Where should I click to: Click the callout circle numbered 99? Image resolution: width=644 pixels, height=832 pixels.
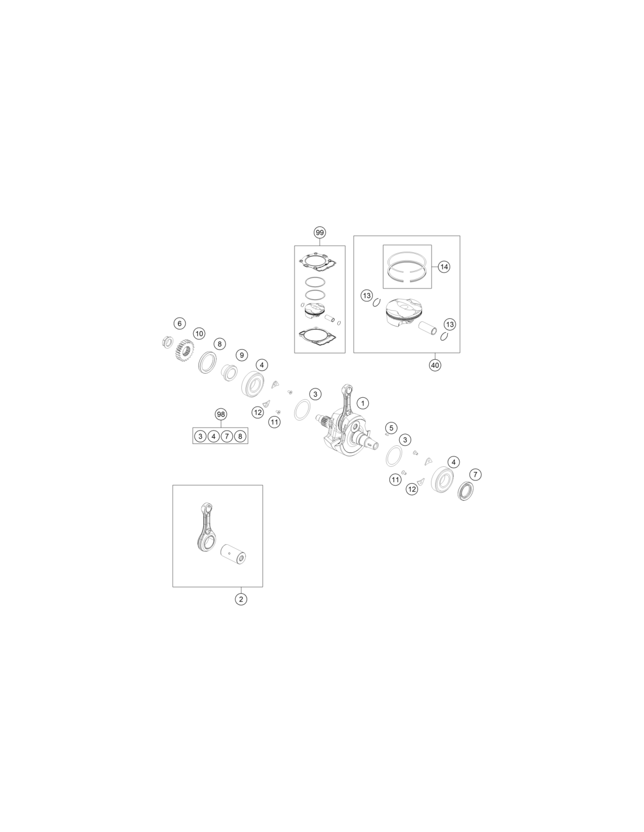[x=320, y=232]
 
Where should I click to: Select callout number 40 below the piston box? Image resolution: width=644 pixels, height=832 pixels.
[x=435, y=365]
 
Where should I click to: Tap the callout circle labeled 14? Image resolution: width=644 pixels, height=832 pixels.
[x=444, y=266]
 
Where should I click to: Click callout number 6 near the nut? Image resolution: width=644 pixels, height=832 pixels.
[x=179, y=323]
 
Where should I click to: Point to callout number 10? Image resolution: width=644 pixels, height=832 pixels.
[x=199, y=334]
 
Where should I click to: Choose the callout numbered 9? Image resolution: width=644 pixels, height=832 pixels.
[x=241, y=355]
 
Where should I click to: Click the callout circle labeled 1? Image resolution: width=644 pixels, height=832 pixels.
[x=362, y=403]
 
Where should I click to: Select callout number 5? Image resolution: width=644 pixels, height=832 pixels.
[x=390, y=428]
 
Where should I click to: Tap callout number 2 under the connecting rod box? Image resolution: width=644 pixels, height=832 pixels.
[x=241, y=599]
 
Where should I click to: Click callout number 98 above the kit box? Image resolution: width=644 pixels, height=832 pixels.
[x=221, y=414]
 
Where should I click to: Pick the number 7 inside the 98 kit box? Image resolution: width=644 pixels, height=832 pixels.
[x=227, y=436]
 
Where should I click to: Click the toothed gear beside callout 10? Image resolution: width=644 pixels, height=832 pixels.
[x=186, y=350]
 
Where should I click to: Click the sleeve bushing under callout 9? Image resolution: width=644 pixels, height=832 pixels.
[x=229, y=372]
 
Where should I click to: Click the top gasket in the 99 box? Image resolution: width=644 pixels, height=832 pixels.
[x=318, y=262]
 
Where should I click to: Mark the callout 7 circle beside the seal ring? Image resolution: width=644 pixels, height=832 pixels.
[x=475, y=475]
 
